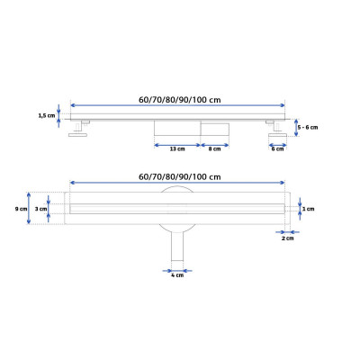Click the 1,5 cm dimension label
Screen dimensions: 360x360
47,115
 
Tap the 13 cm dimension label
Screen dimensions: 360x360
177,148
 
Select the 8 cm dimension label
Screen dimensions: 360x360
214,148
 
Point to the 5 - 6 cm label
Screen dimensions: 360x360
308,127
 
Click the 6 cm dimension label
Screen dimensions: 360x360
277,148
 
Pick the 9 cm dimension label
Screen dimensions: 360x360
21,209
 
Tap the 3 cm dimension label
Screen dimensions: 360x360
40,209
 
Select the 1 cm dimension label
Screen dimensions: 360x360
309,209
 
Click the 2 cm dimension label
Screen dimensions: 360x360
288,238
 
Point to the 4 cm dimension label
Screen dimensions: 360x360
177,275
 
